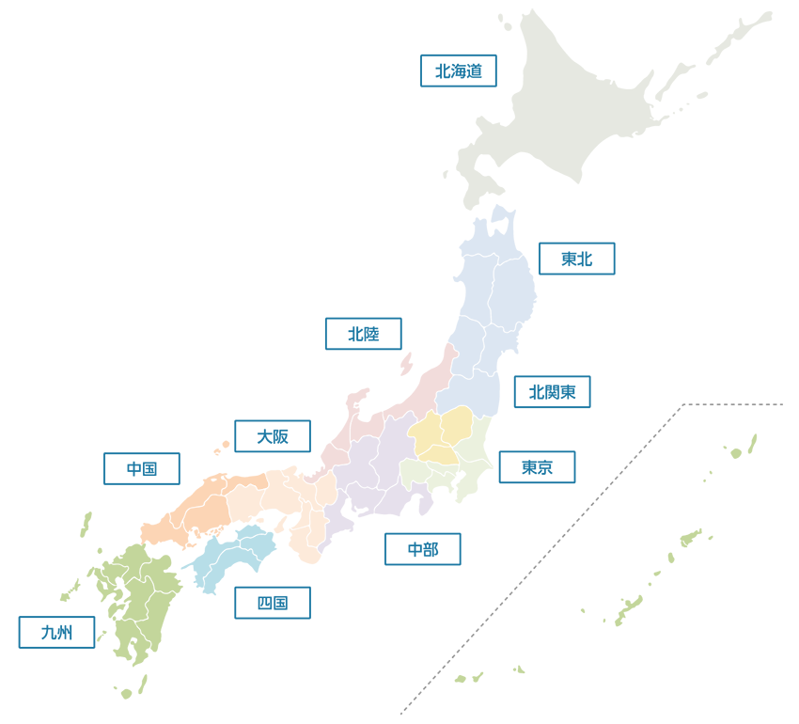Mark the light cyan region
(x=230, y=559)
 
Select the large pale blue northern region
(x=470, y=282)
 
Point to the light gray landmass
(x=611, y=113)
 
